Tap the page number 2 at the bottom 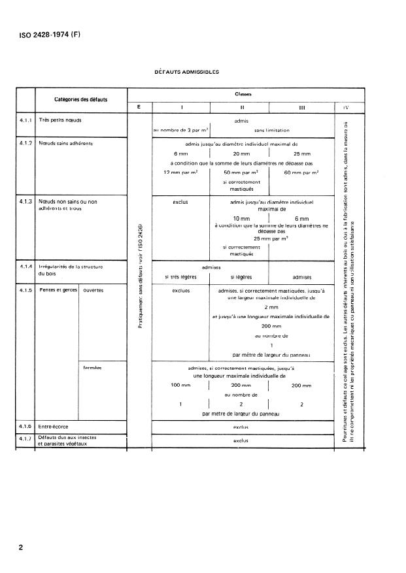[22, 548]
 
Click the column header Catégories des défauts [81, 99]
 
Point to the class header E [138, 107]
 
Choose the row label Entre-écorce [54, 426]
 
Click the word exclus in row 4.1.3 [180, 202]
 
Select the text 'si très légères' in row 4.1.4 [180, 278]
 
